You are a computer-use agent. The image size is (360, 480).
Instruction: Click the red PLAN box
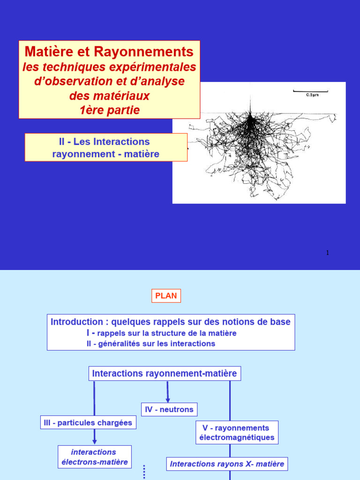165,296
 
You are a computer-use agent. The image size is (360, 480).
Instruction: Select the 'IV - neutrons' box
169,409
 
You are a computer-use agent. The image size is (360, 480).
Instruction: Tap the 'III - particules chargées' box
88,423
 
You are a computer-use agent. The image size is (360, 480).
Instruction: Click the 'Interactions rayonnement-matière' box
165,374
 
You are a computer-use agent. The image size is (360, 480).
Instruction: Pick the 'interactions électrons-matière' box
95,457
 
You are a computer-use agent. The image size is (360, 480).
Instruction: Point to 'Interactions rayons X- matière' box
227,464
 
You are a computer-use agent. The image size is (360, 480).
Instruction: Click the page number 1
328,253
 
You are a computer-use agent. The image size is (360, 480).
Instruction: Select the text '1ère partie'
110,110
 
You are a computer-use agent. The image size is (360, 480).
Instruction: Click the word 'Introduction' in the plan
76,322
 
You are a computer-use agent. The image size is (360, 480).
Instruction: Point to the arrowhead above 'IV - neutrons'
168,399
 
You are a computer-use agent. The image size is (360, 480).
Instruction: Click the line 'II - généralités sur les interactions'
150,344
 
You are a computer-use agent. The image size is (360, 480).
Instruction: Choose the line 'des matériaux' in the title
109,96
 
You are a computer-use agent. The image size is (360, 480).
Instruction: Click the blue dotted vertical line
144,472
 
